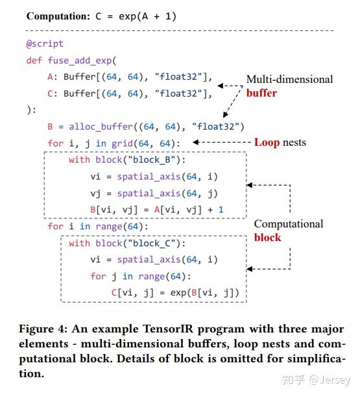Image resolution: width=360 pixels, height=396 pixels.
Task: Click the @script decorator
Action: pyautogui.click(x=45, y=43)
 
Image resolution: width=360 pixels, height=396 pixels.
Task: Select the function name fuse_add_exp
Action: pyautogui.click(x=79, y=60)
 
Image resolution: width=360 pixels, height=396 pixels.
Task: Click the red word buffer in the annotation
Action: pyautogui.click(x=261, y=93)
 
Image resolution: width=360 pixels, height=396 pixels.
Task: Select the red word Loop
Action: pyautogui.click(x=266, y=142)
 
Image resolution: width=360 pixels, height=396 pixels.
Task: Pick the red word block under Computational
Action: pyautogui.click(x=267, y=237)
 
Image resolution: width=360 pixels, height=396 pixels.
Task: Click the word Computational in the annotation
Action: pyautogui.click(x=288, y=224)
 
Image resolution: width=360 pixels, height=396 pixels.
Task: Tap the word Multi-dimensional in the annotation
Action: pyautogui.click(x=289, y=79)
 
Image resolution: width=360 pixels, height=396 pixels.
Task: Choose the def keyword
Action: pyautogui.click(x=33, y=60)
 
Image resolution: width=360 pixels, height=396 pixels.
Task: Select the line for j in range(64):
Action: pyautogui.click(x=141, y=277)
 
